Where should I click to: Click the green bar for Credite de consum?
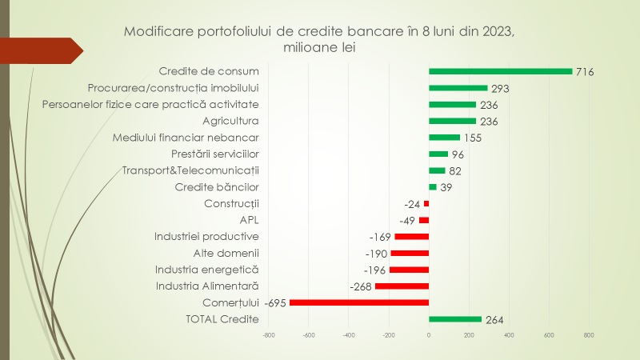coord(501,71)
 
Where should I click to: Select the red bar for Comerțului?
coord(359,302)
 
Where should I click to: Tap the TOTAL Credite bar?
coord(455,319)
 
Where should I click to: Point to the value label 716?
coord(586,72)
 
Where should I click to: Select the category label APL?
coord(250,220)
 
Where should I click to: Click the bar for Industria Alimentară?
coord(402,286)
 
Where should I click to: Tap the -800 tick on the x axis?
coord(269,336)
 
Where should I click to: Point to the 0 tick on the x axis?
coord(429,336)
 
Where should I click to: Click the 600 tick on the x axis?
coord(549,336)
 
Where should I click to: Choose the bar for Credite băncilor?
coord(433,187)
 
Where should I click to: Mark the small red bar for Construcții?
coord(426,203)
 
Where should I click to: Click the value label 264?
coord(495,320)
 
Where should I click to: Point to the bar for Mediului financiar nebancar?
coord(444,138)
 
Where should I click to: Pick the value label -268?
coord(362,286)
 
